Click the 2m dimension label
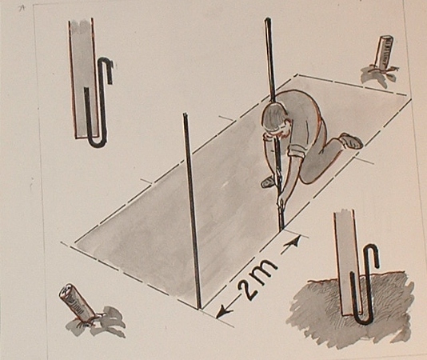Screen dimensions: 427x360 tap(258, 278)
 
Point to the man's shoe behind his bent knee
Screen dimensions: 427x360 tap(352, 140)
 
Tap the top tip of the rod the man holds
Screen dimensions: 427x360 tap(268, 20)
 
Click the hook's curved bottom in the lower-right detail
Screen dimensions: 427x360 tap(363, 320)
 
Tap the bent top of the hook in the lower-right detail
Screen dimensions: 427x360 tap(373, 250)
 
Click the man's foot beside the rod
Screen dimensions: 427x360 tap(268, 182)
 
